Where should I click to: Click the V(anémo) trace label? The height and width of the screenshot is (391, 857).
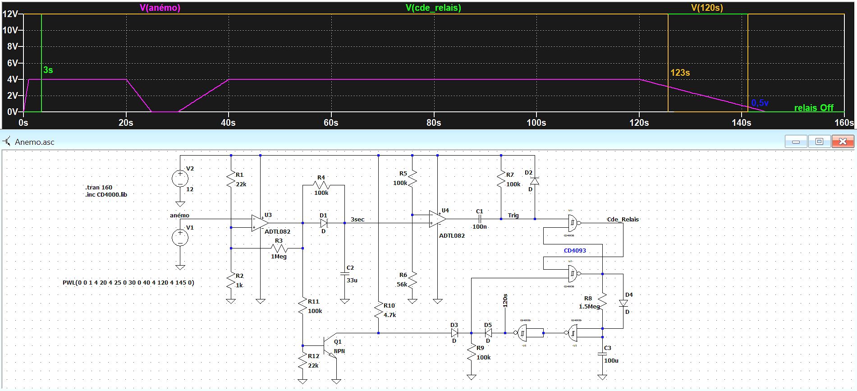tap(160, 8)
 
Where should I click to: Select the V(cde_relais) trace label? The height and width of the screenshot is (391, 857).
tap(433, 8)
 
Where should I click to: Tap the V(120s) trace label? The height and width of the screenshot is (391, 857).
tap(707, 8)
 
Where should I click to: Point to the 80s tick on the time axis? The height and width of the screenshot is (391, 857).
tap(434, 123)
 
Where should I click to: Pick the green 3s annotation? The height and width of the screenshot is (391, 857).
tap(48, 70)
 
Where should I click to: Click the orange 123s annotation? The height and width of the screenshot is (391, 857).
tap(680, 73)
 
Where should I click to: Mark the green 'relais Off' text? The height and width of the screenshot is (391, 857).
tap(814, 108)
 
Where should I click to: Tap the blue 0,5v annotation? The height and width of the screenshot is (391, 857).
tap(760, 103)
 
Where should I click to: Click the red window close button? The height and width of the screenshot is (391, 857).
tap(842, 142)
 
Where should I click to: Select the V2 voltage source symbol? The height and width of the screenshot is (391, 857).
tap(180, 179)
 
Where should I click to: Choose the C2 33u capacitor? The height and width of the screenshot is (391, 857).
tap(344, 273)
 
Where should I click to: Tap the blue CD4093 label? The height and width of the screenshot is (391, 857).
tap(575, 251)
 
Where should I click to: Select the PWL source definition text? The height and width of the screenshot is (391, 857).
tap(128, 283)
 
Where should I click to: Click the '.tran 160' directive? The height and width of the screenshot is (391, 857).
tap(99, 187)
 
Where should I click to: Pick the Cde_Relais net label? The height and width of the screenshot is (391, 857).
tap(623, 219)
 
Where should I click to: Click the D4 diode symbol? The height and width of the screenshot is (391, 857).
tap(623, 303)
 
